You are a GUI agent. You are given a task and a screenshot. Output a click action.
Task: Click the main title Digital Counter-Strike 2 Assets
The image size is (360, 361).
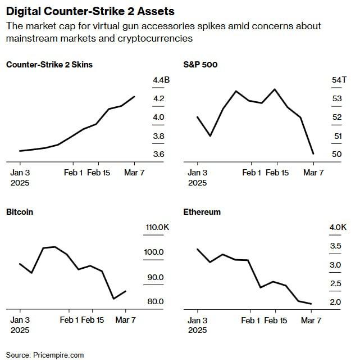[x=90, y=11]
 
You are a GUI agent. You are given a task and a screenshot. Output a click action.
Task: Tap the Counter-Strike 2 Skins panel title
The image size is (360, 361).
[x=49, y=65]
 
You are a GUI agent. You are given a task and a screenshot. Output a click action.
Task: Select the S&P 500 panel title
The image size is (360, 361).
[x=200, y=65]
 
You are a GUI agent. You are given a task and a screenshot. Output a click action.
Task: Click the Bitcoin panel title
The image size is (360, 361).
[x=20, y=212]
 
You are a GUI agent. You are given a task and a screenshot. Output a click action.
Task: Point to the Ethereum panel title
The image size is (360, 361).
[x=202, y=212]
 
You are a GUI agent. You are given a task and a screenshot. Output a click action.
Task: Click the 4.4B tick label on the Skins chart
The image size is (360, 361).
[x=161, y=80]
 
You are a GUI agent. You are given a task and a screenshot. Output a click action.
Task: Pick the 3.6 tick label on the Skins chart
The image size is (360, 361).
[x=158, y=154]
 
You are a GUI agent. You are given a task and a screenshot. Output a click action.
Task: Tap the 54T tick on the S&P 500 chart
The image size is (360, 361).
[x=340, y=80]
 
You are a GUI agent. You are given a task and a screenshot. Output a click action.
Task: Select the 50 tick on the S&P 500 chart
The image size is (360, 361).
[x=337, y=154]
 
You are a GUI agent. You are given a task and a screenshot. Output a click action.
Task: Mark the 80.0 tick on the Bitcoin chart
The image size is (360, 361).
[x=155, y=301]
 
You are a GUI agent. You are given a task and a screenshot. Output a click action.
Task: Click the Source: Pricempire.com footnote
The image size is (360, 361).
[x=45, y=355]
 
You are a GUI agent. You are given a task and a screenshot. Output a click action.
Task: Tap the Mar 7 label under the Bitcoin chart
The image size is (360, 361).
[x=125, y=320]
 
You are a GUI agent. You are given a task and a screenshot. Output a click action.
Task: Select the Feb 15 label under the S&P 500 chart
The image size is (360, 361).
[x=276, y=173]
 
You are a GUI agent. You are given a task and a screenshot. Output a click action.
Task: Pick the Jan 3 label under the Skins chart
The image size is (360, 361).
[x=20, y=173]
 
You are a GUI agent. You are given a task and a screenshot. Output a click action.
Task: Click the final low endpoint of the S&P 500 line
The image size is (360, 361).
[x=313, y=154]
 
